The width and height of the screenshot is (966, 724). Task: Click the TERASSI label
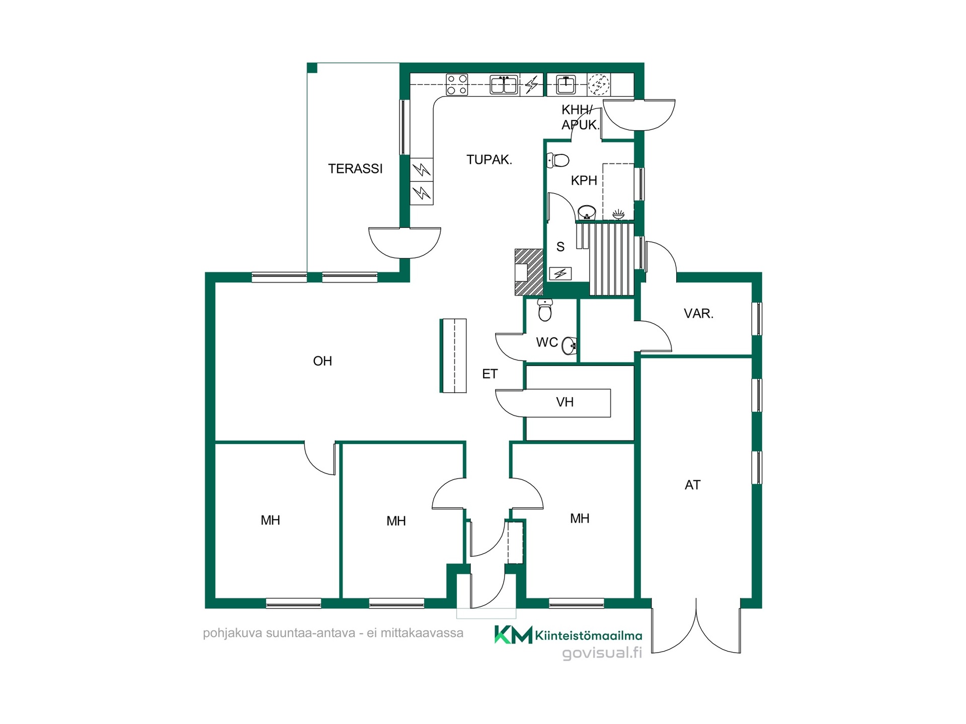tap(355, 169)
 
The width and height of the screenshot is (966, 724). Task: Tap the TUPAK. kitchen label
tap(489, 160)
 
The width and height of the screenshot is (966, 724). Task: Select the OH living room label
tap(323, 361)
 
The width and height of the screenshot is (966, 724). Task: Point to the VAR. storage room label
tap(698, 314)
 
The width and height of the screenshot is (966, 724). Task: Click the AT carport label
tap(692, 485)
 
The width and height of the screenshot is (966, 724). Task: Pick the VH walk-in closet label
tap(565, 402)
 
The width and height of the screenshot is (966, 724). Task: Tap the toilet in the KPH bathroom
tap(558, 160)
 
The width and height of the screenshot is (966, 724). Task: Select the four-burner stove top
tap(457, 84)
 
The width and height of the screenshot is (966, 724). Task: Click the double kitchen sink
tap(504, 84)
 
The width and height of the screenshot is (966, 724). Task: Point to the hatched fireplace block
tap(529, 272)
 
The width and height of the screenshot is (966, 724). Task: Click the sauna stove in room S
tap(560, 274)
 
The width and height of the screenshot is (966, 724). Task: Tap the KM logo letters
tap(513, 635)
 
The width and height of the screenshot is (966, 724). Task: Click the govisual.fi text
tap(602, 653)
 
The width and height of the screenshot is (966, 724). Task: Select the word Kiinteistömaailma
tap(588, 636)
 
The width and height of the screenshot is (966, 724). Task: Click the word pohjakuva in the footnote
tap(232, 633)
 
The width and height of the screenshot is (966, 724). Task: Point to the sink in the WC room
tap(569, 345)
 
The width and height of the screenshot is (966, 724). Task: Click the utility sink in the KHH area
tap(566, 84)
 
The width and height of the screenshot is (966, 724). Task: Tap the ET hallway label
tap(490, 374)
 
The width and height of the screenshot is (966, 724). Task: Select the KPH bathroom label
tap(584, 180)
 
